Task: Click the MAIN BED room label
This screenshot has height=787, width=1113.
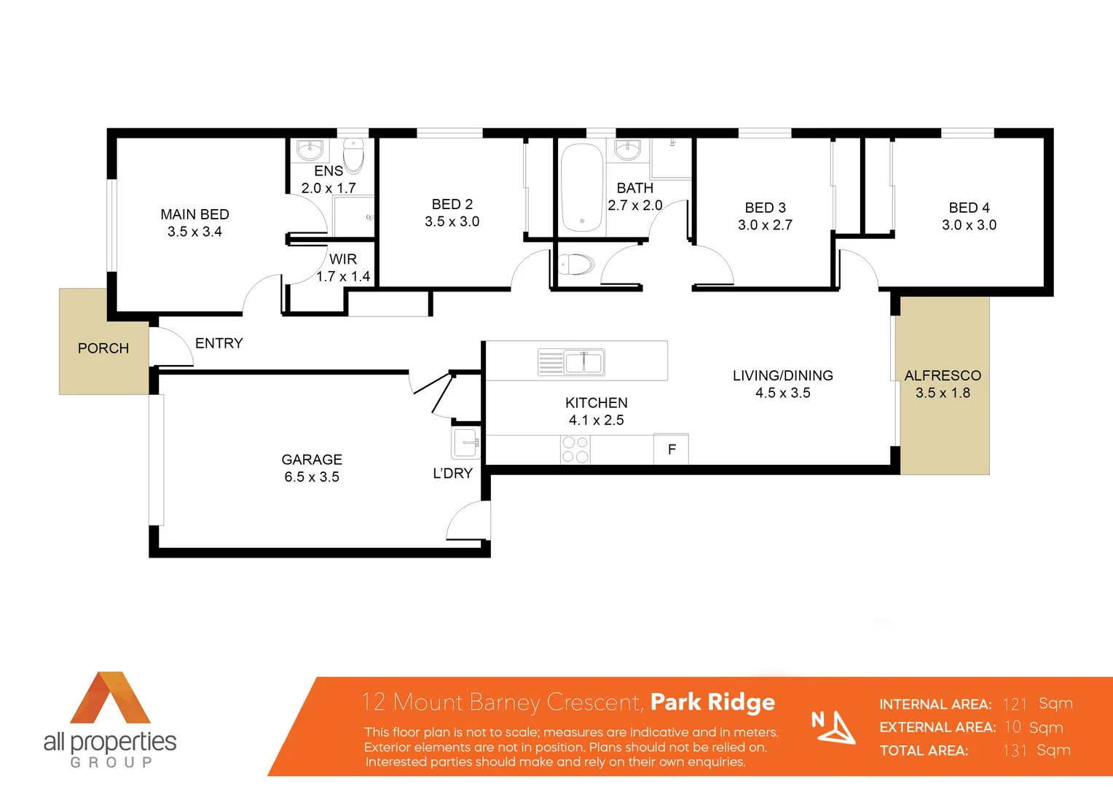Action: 194,214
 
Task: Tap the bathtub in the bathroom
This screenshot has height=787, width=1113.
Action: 582,187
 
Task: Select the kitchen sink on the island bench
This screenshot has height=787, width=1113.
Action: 583,361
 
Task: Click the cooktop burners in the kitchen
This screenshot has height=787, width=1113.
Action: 575,450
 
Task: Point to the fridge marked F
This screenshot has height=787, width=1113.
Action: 672,450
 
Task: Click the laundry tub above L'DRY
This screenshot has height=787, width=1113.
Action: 465,442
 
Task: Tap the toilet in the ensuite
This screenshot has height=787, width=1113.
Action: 354,154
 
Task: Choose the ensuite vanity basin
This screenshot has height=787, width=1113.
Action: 310,150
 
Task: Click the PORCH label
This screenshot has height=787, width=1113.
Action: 103,348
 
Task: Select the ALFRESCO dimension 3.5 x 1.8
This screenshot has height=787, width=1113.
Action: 943,393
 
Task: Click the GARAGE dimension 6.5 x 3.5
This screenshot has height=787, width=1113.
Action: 312,477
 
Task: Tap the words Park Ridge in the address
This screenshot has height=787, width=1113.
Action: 712,702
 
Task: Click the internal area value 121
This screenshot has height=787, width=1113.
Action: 1015,704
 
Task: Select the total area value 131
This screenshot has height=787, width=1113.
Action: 1015,751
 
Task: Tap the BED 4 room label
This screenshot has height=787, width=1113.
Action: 969,208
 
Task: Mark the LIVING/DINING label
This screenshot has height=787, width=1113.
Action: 782,375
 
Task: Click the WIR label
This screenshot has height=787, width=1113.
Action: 342,259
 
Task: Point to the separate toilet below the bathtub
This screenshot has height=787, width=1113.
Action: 576,264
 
